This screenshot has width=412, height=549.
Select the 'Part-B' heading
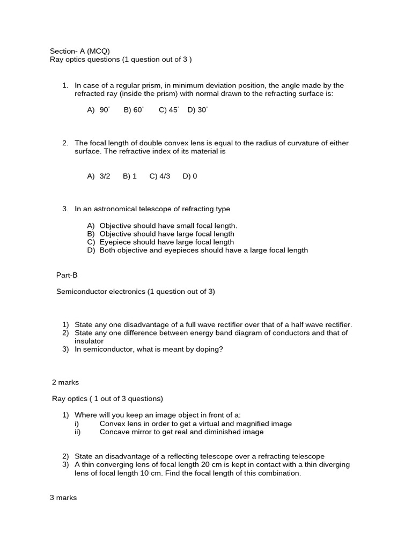coord(67,275)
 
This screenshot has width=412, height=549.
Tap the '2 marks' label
coord(65,382)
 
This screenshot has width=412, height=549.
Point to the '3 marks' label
coord(63,498)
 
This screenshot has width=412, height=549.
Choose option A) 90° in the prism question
coord(98,110)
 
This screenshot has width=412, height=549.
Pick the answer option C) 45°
coord(168,110)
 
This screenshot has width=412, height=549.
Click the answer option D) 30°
coord(197,110)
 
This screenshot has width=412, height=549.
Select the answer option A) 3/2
coord(99,176)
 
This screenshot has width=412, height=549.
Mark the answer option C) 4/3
coord(160,176)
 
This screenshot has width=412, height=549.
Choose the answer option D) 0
coord(190,176)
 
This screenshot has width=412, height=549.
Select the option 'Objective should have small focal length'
coord(168,226)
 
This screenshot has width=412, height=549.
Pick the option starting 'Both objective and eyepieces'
coord(203,250)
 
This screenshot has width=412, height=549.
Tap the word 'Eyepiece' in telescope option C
coord(115,242)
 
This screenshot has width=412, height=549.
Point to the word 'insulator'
coord(89,341)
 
